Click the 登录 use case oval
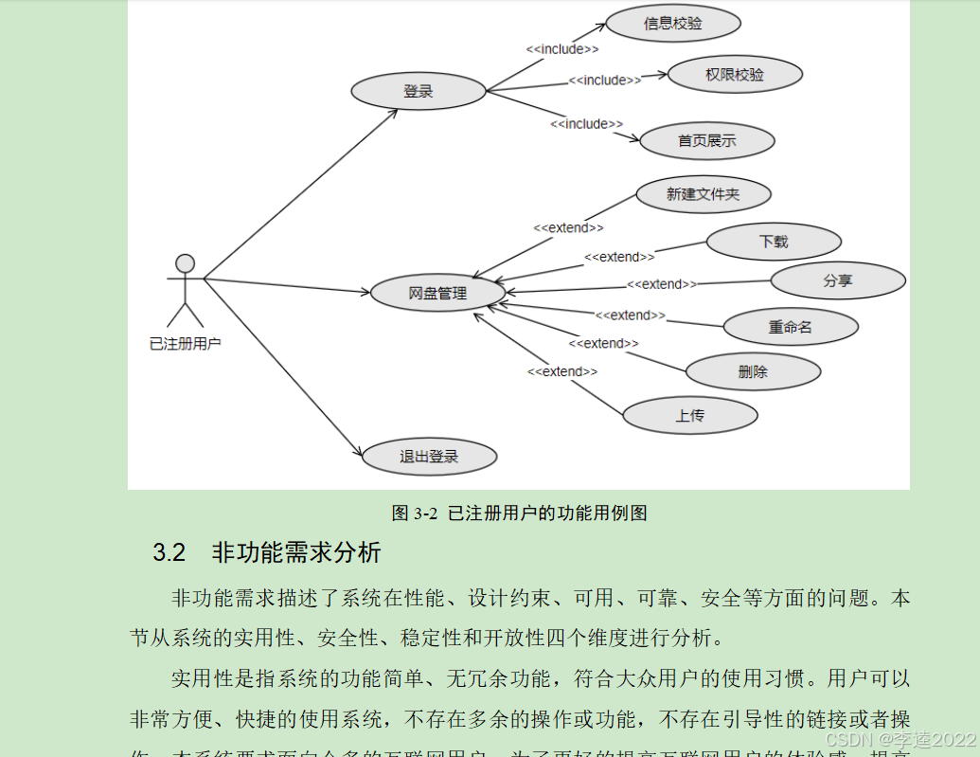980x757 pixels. pyautogui.click(x=418, y=91)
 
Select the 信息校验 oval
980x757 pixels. pyautogui.click(x=673, y=24)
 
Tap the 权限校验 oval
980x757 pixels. pyautogui.click(x=735, y=74)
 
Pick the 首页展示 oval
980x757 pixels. pyautogui.click(x=706, y=141)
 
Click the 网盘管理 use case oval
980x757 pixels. pyautogui.click(x=437, y=294)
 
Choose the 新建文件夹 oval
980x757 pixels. pyautogui.click(x=703, y=194)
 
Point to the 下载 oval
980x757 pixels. pyautogui.click(x=774, y=242)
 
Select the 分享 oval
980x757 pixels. pyautogui.click(x=838, y=280)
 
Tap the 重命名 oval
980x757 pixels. pyautogui.click(x=791, y=327)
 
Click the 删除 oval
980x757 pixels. pyautogui.click(x=753, y=371)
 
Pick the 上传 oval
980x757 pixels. pyautogui.click(x=689, y=415)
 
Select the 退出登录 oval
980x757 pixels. pyautogui.click(x=429, y=457)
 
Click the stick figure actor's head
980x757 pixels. pyautogui.click(x=186, y=262)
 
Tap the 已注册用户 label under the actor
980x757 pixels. pyautogui.click(x=186, y=344)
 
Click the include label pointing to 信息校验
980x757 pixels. pyautogui.click(x=562, y=48)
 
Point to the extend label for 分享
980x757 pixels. pyautogui.click(x=662, y=284)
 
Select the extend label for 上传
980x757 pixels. pyautogui.click(x=562, y=371)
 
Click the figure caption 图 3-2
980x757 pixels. pyautogui.click(x=415, y=514)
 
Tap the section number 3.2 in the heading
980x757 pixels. pyautogui.click(x=169, y=552)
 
